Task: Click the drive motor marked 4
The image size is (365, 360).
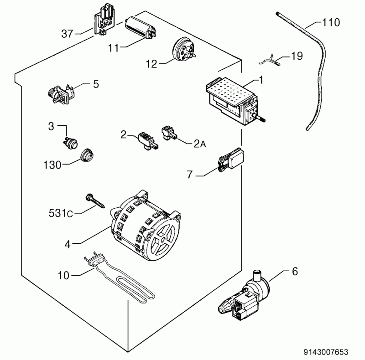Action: [146, 226]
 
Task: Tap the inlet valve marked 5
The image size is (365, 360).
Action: [61, 95]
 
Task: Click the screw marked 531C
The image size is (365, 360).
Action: [95, 201]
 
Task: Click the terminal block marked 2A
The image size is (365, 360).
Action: [169, 134]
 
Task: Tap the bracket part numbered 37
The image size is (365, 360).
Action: [104, 19]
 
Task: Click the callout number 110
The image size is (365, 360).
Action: [331, 23]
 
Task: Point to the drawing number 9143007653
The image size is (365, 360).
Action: [326, 352]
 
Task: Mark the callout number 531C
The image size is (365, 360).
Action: [61, 213]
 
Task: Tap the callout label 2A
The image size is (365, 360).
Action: [200, 144]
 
